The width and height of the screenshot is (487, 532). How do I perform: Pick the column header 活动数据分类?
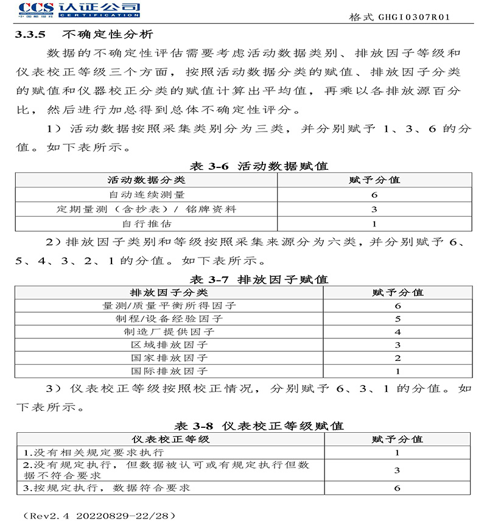[147, 180]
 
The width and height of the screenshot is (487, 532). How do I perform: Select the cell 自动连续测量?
[147, 195]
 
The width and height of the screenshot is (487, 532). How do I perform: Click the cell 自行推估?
[147, 224]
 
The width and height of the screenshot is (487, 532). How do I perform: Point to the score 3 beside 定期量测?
[374, 209]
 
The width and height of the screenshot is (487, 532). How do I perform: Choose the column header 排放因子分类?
[169, 292]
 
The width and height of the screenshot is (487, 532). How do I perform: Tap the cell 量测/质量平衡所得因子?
[169, 306]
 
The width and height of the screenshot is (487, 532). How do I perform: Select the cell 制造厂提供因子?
[169, 332]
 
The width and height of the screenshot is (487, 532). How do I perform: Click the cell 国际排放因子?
[169, 371]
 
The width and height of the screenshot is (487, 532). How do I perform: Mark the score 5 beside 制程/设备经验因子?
[398, 318]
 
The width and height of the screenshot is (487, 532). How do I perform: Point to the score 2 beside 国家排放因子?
[398, 358]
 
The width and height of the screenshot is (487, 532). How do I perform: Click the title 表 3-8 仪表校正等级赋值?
[259, 425]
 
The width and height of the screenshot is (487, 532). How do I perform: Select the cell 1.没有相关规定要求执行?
[93, 453]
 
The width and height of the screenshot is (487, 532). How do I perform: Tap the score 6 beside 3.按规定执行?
[397, 488]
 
